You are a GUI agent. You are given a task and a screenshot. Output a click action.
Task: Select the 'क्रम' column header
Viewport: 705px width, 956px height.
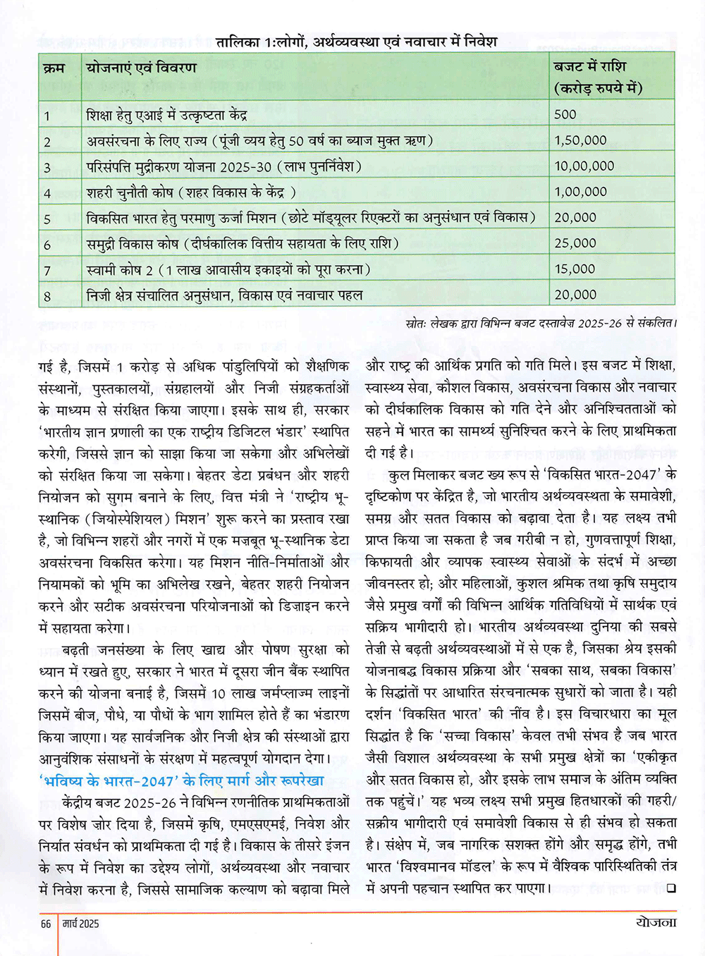coord(54,68)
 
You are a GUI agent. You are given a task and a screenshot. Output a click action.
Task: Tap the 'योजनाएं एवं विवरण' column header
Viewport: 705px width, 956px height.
coord(141,68)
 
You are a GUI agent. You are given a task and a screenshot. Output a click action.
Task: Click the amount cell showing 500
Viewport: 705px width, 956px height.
coord(565,114)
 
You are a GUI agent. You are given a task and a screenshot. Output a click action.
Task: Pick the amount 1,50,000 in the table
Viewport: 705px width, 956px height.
coord(580,140)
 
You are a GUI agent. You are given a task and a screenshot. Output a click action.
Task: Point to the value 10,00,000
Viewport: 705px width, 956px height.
coord(584,166)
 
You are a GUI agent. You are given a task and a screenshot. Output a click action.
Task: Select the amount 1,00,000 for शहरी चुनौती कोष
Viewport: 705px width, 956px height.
coord(580,192)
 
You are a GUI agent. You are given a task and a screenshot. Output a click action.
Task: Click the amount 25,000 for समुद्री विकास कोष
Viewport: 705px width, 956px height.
coord(575,243)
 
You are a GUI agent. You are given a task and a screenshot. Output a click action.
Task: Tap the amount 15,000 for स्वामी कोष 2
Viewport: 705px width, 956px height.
coord(575,269)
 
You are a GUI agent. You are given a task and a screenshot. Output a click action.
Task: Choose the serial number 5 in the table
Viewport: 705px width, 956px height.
coord(47,219)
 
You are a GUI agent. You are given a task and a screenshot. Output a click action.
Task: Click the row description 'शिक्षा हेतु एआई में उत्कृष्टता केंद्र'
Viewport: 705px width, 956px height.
coord(166,115)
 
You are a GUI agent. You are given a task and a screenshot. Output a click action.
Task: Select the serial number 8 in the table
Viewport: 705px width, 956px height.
coord(47,296)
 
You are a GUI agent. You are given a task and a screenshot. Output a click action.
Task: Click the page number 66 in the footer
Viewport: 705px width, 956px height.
coord(46,924)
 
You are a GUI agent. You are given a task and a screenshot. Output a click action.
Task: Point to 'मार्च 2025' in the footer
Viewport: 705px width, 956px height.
coord(80,924)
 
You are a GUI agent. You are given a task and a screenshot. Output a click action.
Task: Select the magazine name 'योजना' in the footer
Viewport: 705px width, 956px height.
coord(655,923)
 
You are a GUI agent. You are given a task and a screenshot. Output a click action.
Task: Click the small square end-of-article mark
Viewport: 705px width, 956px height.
coord(670,888)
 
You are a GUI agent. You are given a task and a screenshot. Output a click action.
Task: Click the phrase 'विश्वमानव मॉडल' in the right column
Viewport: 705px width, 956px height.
coord(451,866)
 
